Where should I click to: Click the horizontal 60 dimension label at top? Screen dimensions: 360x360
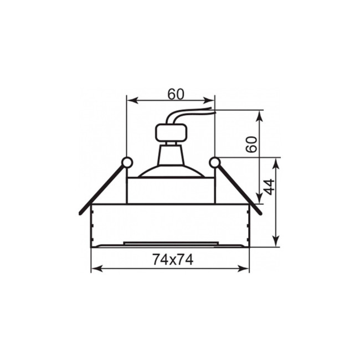[176, 94]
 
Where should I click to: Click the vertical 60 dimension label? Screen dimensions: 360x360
[251, 145]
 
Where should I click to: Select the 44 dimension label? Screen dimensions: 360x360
[269, 187]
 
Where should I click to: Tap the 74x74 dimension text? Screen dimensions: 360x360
[173, 260]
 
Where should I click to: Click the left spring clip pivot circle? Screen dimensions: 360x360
[127, 162]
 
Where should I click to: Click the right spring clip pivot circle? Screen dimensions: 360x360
[215, 162]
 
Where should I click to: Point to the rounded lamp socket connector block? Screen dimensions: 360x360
[171, 133]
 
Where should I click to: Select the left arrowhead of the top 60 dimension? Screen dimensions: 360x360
[132, 101]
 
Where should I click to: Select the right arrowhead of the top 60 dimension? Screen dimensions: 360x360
[209, 101]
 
